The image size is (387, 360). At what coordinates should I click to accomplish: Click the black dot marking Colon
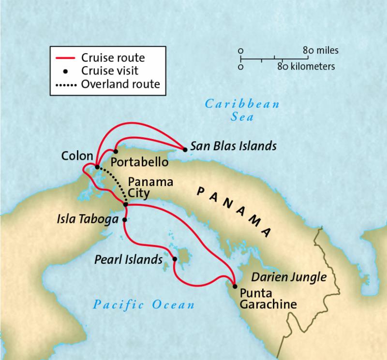pyautogui.click(x=97, y=167)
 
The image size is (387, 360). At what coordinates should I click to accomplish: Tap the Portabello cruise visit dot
pyautogui.click(x=115, y=151)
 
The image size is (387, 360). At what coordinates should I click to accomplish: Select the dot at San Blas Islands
pyautogui.click(x=183, y=149)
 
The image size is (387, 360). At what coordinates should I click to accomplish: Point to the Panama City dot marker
pyautogui.click(x=125, y=205)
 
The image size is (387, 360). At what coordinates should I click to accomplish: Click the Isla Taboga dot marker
pyautogui.click(x=124, y=220)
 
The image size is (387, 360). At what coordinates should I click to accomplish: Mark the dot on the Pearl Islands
pyautogui.click(x=175, y=259)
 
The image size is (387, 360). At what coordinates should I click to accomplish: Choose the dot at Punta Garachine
pyautogui.click(x=235, y=286)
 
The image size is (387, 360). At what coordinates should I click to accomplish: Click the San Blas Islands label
pyautogui.click(x=233, y=145)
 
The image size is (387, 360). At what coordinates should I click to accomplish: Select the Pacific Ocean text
pyautogui.click(x=144, y=304)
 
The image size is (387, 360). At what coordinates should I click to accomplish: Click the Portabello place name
pyautogui.click(x=139, y=161)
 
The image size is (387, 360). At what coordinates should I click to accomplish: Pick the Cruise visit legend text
pyautogui.click(x=111, y=71)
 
